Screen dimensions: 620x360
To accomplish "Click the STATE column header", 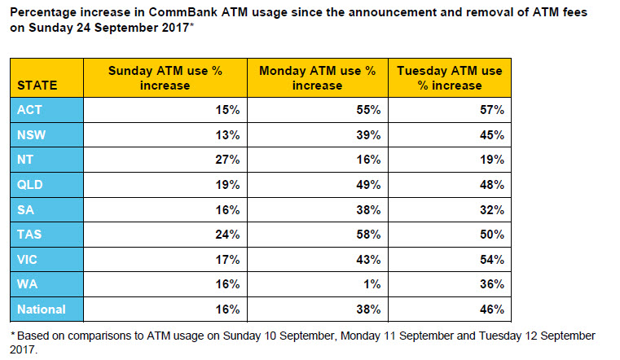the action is point(37,86).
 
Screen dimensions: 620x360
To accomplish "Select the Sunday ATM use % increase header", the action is point(165,78).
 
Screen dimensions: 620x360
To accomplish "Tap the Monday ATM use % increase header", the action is point(318,78).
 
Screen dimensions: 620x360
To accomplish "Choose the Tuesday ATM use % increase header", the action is point(450,78).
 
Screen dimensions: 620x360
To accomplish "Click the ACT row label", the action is point(29,110).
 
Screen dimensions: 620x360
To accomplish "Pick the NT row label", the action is point(25,160).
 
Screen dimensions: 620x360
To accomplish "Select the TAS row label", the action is point(29,235).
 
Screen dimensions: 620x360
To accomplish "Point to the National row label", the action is point(41,309).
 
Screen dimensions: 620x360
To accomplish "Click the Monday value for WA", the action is point(372,284).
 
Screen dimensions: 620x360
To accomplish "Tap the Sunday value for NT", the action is point(227,160).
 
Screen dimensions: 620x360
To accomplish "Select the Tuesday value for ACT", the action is point(492,110).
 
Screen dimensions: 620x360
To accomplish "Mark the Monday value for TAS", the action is point(368,235).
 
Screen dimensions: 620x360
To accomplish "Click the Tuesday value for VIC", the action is point(492,260).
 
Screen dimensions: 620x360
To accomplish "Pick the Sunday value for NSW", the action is point(227,135).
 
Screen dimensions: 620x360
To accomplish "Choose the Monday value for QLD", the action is point(368,185).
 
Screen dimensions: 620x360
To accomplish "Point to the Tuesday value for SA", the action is point(492,210).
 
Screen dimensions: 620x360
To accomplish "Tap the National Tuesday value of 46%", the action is point(492,309).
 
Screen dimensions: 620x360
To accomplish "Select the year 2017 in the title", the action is point(175,28).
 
